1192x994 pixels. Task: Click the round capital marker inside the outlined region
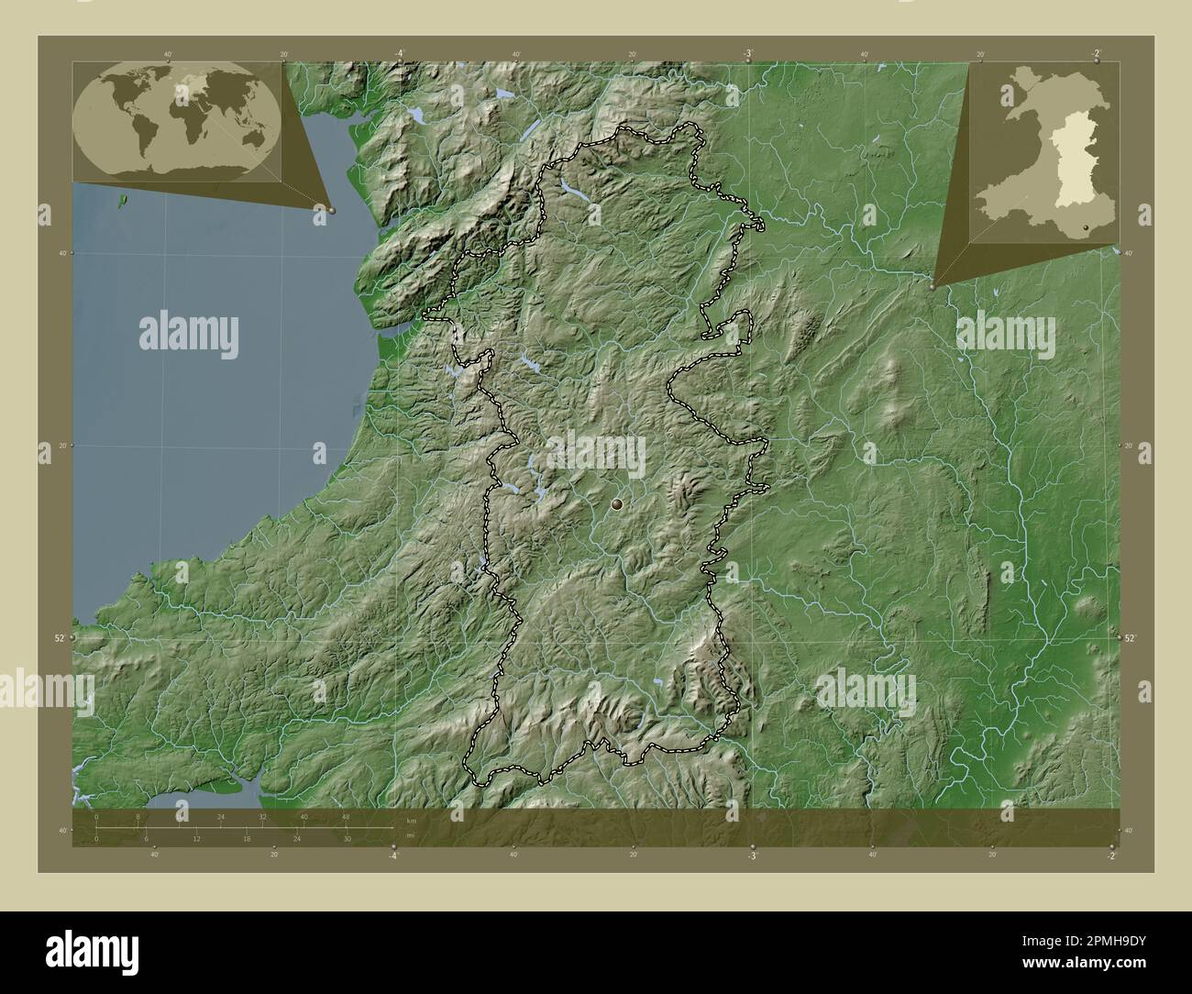click(x=616, y=503)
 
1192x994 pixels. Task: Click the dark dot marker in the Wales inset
click(x=1087, y=226)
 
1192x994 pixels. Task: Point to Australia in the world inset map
click(x=253, y=141)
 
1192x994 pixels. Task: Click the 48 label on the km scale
click(x=345, y=816)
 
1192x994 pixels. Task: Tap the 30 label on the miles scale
click(x=347, y=838)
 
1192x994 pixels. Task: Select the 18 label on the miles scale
click(x=247, y=838)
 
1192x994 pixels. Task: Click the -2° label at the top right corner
click(x=1097, y=54)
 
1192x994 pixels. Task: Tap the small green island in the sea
click(x=122, y=196)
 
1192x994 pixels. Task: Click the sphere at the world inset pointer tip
click(x=332, y=210)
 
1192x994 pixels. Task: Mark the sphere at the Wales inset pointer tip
click(x=933, y=286)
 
